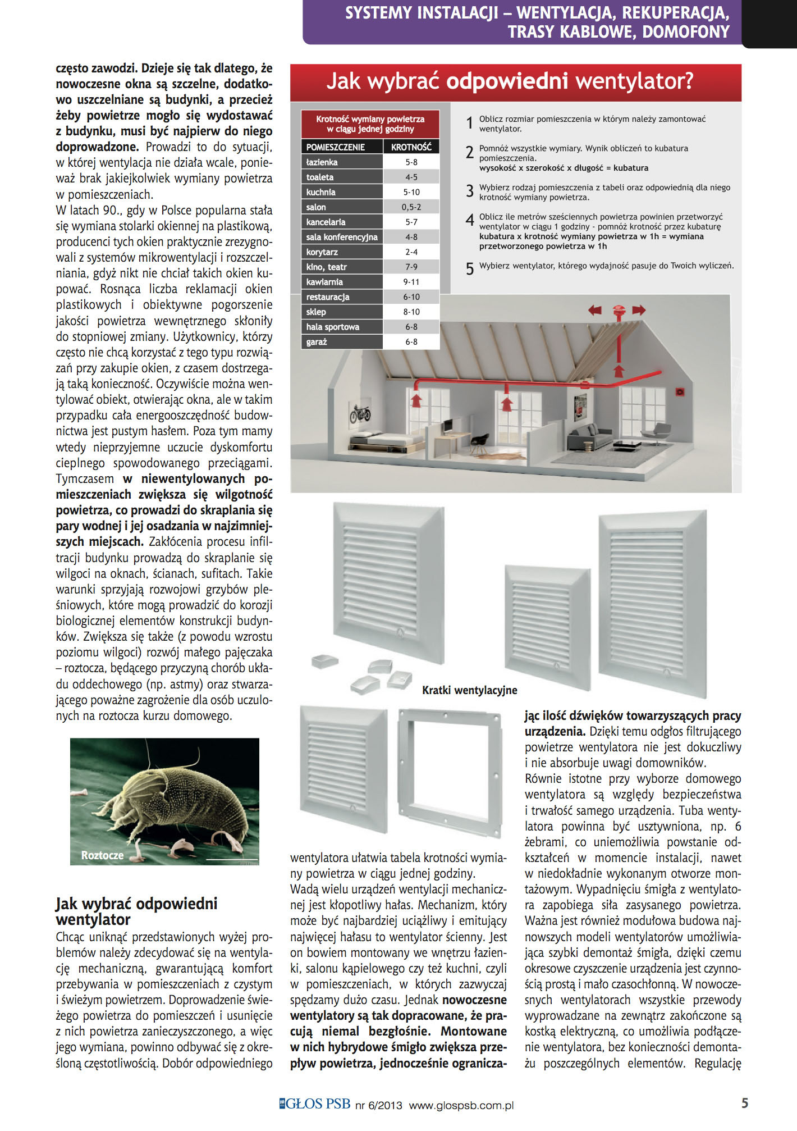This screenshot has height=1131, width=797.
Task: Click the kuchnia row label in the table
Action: pyautogui.click(x=321, y=192)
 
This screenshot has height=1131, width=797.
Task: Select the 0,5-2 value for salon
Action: pyautogui.click(x=411, y=207)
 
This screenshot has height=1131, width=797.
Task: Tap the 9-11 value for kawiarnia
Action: pyautogui.click(x=411, y=282)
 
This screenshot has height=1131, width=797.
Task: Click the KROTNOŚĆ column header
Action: pyautogui.click(x=411, y=147)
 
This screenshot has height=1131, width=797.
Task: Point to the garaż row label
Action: pyautogui.click(x=317, y=342)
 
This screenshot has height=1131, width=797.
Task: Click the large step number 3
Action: pyautogui.click(x=470, y=191)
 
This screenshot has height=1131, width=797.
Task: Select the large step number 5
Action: pyautogui.click(x=470, y=269)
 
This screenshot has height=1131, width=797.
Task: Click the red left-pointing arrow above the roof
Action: pyautogui.click(x=594, y=310)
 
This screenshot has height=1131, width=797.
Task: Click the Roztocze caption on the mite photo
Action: pyautogui.click(x=102, y=855)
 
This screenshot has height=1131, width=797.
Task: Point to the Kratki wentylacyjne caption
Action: pyautogui.click(x=469, y=690)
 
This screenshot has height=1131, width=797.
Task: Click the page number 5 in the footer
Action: pyautogui.click(x=744, y=1103)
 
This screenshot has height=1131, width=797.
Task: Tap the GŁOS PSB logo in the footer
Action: pyautogui.click(x=315, y=1104)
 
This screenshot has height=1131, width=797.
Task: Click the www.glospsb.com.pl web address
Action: pyautogui.click(x=461, y=1105)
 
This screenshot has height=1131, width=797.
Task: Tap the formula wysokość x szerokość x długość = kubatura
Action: pyautogui.click(x=564, y=168)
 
